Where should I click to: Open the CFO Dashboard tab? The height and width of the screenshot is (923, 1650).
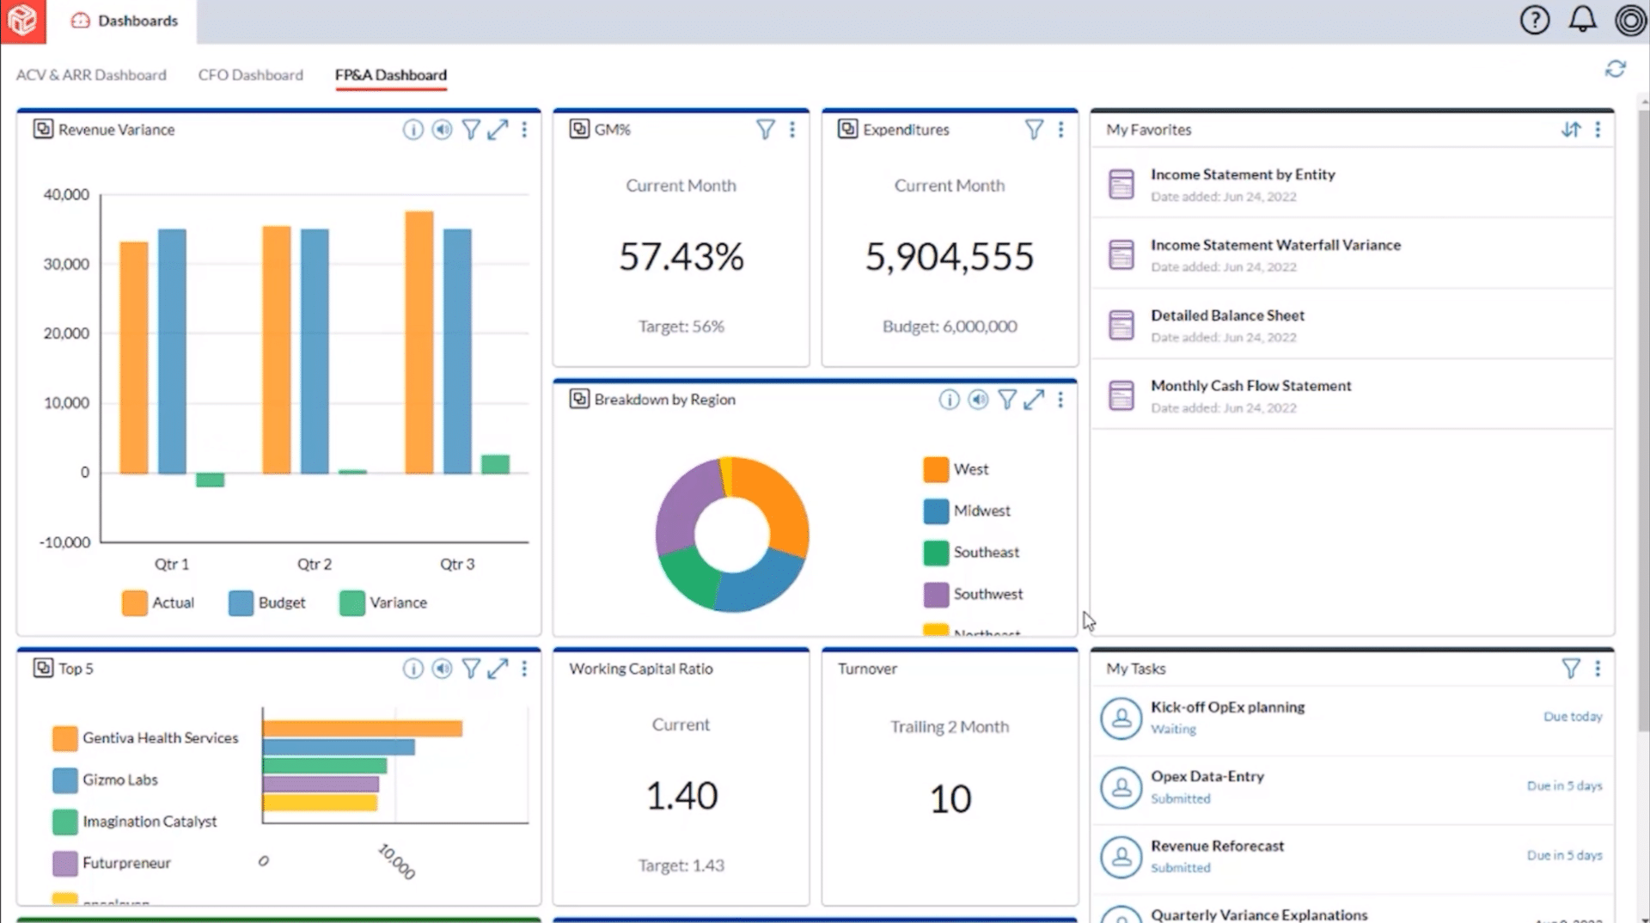tap(250, 75)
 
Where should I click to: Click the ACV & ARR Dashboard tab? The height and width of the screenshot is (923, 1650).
tap(91, 75)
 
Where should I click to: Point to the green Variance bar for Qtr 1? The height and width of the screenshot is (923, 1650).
tap(210, 480)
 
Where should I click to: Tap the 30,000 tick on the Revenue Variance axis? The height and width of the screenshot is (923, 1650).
tap(66, 264)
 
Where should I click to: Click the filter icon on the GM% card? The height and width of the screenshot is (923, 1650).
tap(765, 130)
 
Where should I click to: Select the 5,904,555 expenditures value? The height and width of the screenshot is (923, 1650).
tap(949, 256)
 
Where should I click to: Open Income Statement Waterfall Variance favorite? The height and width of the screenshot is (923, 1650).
tap(1275, 245)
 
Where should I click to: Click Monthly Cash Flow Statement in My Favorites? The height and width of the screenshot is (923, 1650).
tap(1250, 386)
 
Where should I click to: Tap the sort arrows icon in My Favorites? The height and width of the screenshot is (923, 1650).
tap(1570, 130)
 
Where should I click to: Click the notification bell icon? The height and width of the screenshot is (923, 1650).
tap(1582, 20)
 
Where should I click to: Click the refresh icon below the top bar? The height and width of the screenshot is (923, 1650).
tap(1615, 70)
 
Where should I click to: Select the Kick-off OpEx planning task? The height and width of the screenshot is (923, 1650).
tap(1227, 707)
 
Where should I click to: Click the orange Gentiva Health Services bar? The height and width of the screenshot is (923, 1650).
tap(362, 729)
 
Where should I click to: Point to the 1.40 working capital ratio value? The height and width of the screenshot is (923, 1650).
tap(681, 796)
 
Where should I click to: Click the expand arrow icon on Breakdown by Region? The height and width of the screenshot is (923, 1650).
tap(1034, 400)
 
